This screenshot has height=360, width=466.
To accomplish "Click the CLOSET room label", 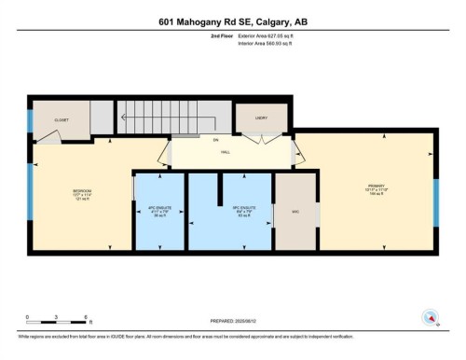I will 62,119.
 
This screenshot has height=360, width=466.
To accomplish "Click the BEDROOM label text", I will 82,192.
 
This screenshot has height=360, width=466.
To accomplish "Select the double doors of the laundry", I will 262,140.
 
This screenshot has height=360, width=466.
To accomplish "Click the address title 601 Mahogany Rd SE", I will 232,21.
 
